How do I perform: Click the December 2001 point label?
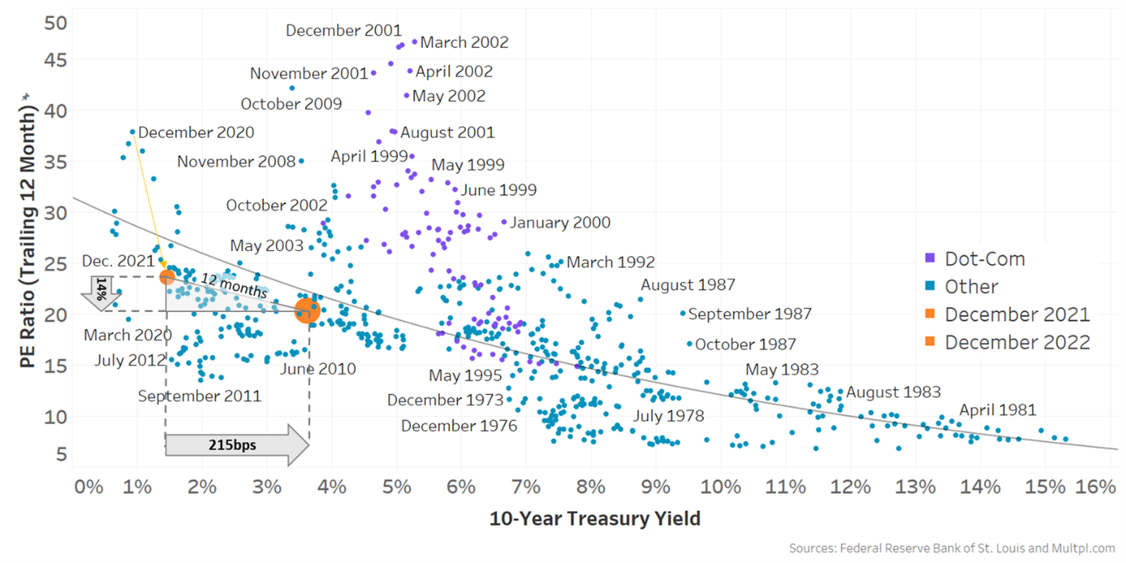(x=344, y=31)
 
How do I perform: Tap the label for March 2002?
(x=464, y=43)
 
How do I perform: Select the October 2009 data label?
(x=291, y=104)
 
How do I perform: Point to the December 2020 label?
(x=197, y=132)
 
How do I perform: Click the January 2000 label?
(x=560, y=223)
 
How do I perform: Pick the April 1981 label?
(x=997, y=409)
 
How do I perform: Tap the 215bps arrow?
(x=236, y=445)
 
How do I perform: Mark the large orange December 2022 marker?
(x=307, y=311)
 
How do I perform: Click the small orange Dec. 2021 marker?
(x=167, y=277)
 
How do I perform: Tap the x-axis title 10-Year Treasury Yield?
(x=595, y=518)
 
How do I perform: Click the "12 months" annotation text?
(x=223, y=284)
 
